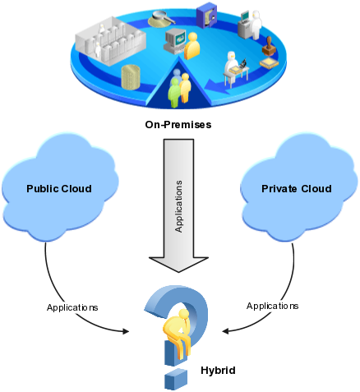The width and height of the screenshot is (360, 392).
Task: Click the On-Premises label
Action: (x=178, y=125)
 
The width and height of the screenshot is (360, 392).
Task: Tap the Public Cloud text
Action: (x=59, y=189)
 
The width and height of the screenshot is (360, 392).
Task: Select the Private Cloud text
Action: (x=297, y=189)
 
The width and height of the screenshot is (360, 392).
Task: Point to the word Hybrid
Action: (x=218, y=371)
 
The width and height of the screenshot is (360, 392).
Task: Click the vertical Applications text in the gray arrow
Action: (x=178, y=206)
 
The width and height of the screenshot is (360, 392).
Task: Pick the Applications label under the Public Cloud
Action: (x=72, y=307)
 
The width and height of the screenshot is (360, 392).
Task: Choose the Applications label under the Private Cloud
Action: (x=272, y=306)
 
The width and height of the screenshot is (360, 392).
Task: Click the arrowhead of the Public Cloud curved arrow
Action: (x=126, y=331)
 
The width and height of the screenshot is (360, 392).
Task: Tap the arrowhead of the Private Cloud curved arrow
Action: (x=225, y=331)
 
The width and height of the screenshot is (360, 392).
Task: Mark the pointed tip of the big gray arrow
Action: (x=178, y=272)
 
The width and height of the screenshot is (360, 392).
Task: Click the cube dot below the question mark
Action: (x=176, y=379)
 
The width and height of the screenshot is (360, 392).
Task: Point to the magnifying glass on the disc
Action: (x=162, y=19)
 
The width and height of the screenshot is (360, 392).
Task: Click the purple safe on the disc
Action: (x=206, y=15)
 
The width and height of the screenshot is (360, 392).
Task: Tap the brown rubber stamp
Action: (x=269, y=47)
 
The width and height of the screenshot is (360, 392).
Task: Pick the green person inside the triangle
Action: (x=174, y=93)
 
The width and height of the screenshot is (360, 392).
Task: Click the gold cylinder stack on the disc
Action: (x=131, y=77)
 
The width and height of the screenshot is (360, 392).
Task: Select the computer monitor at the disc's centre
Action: (x=175, y=41)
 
